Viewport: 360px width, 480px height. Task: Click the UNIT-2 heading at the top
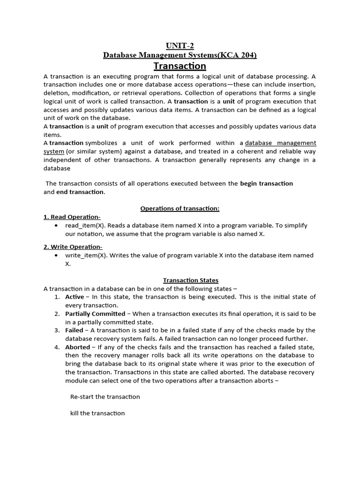pyautogui.click(x=180, y=45)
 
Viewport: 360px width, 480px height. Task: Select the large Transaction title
pyautogui.click(x=180, y=66)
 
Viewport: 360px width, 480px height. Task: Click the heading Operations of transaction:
pyautogui.click(x=180, y=208)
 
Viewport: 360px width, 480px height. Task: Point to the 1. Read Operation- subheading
pyautogui.click(x=72, y=217)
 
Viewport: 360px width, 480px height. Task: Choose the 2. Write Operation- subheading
pyautogui.click(x=73, y=247)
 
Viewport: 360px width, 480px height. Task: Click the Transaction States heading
pyautogui.click(x=190, y=280)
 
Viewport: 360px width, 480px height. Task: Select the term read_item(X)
pyautogui.click(x=85, y=225)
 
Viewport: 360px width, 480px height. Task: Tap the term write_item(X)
pyautogui.click(x=86, y=255)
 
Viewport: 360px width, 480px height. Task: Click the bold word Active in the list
pyautogui.click(x=75, y=297)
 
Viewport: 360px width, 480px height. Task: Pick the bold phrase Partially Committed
pyautogui.click(x=95, y=314)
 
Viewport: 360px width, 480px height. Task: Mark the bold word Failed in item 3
pyautogui.click(x=74, y=330)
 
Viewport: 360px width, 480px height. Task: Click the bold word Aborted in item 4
pyautogui.click(x=77, y=347)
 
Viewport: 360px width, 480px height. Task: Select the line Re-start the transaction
pyautogui.click(x=105, y=397)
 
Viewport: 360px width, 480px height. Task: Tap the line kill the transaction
pyautogui.click(x=97, y=413)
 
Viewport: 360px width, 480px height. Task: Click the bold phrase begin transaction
pyautogui.click(x=266, y=183)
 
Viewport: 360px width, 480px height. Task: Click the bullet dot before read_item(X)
pyautogui.click(x=56, y=225)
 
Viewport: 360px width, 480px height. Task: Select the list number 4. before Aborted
pyautogui.click(x=57, y=347)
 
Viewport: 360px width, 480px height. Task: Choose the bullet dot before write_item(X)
pyautogui.click(x=56, y=255)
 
